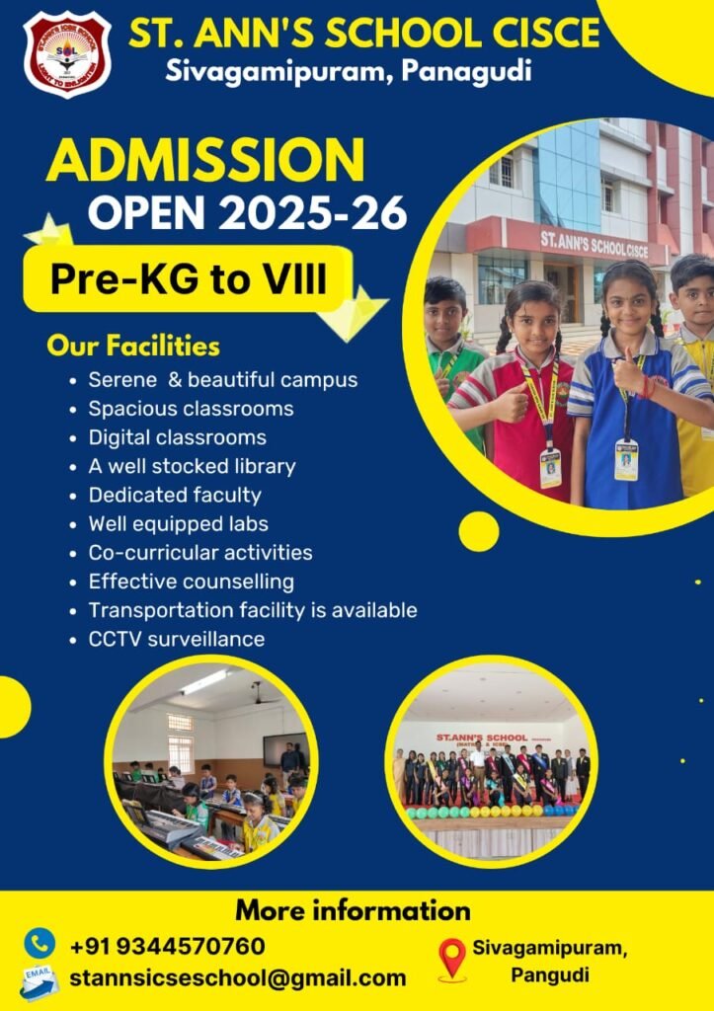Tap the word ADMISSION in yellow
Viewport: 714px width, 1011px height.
click(205, 161)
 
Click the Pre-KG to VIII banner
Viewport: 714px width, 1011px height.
click(188, 279)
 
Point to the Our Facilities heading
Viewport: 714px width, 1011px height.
click(133, 347)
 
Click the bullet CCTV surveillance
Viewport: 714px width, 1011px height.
click(176, 639)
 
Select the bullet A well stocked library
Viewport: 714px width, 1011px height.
click(192, 466)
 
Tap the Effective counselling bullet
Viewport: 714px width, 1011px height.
click(191, 582)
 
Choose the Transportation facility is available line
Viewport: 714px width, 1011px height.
click(252, 610)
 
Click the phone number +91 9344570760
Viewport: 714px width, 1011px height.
click(167, 946)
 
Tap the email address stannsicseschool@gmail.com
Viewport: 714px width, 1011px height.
click(237, 977)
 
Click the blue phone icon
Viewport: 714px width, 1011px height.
click(40, 942)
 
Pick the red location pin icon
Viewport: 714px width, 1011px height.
click(451, 958)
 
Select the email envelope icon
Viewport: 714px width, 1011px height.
click(40, 980)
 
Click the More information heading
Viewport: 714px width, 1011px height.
click(353, 909)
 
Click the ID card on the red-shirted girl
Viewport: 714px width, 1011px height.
click(550, 468)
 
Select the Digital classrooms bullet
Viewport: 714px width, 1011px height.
click(177, 436)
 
